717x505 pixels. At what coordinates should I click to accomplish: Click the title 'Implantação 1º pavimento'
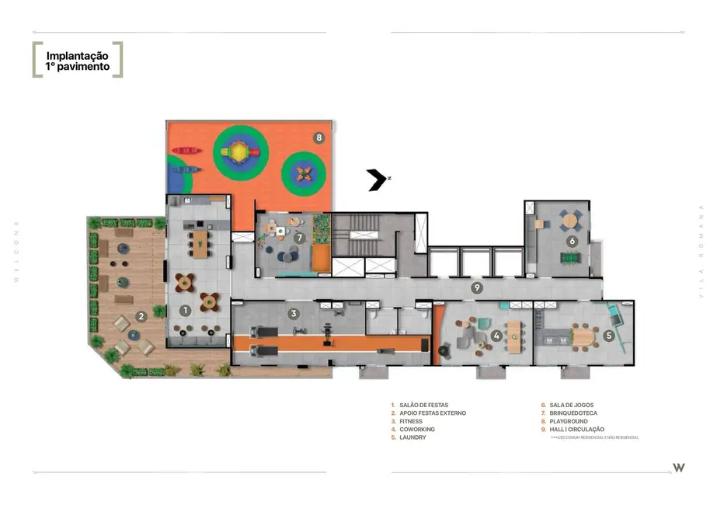coord(77,61)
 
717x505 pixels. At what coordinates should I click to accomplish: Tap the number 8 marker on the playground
coord(318,138)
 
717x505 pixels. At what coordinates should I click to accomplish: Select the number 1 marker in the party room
coord(185,310)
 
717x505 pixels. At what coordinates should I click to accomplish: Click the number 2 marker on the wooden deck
coord(141,316)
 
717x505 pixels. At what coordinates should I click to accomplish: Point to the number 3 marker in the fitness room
coord(294,314)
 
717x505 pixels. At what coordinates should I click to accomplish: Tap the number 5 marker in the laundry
coord(609,336)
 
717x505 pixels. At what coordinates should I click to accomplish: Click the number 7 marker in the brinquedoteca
coord(299,236)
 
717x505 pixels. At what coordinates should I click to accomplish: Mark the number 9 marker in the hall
coord(478,287)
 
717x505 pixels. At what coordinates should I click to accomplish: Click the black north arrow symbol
coord(377,179)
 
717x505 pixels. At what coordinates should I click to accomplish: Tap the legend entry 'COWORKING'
coord(416,429)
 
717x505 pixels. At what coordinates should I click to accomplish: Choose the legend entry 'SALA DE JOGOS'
coord(571,406)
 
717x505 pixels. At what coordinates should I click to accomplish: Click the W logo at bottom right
coord(678,467)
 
